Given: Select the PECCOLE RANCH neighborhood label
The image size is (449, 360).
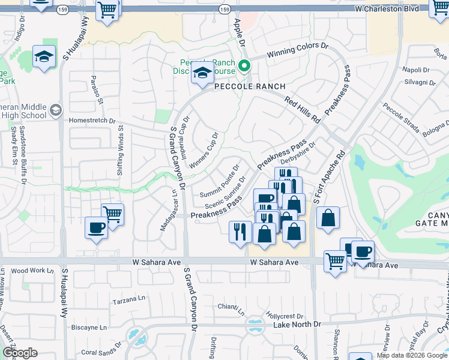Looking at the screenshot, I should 250,86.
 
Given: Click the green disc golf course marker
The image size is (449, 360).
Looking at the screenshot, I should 244,66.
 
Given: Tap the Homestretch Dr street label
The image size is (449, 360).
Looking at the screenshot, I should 92,120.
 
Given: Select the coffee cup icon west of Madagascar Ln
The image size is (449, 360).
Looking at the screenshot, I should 96,228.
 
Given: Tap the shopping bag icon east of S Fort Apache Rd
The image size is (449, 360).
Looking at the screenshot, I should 328,219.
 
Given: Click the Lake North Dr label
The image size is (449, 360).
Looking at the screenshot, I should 297,325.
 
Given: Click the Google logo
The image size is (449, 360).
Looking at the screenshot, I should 20,353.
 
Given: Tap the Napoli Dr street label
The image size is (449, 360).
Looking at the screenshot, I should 416,70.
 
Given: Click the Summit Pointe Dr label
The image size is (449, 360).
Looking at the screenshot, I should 219,183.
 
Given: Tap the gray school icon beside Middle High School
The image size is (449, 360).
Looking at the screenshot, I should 56,110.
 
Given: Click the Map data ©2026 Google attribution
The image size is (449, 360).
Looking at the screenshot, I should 411,355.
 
